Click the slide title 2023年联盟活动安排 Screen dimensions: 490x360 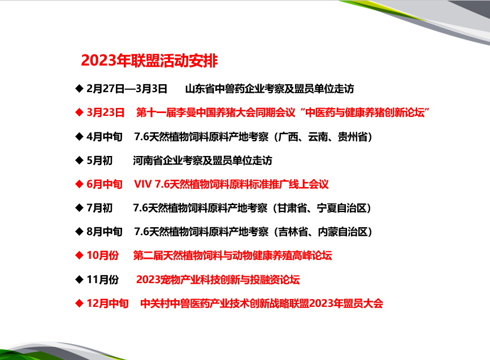[x=149, y=60]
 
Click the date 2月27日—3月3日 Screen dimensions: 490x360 [x=127, y=89]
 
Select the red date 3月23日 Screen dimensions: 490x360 [x=105, y=112]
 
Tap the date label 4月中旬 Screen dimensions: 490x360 [x=105, y=137]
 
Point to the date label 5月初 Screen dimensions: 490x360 [x=99, y=161]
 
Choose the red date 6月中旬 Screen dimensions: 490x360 [x=105, y=184]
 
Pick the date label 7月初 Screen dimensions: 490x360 [x=99, y=208]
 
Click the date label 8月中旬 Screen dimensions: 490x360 [x=105, y=232]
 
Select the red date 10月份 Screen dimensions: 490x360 [x=103, y=255]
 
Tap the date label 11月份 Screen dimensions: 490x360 [x=103, y=279]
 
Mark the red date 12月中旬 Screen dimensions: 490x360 [x=107, y=303]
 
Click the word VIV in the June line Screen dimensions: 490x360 [x=143, y=184]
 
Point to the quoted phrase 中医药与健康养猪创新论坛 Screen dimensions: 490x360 [x=365, y=112]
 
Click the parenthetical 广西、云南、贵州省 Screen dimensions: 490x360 [x=323, y=137]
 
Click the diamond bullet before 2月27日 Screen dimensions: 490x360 [x=79, y=89]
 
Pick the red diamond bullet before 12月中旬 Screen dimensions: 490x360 [x=79, y=303]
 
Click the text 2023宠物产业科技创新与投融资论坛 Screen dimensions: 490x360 [x=218, y=279]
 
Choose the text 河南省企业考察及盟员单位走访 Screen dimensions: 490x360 [x=202, y=161]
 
